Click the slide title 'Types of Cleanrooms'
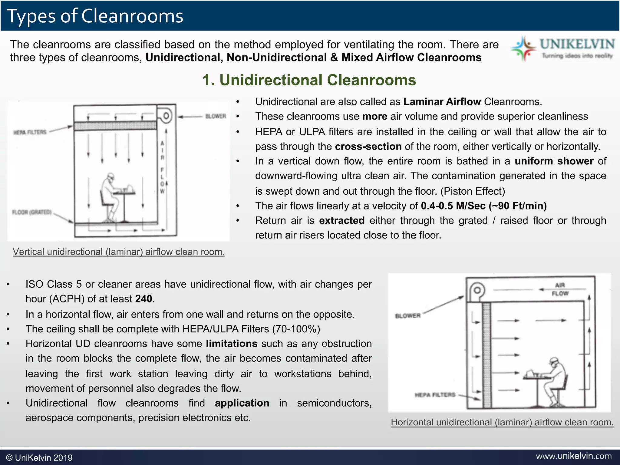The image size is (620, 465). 95,16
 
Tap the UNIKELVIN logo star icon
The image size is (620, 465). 523,48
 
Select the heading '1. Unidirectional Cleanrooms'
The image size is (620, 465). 309,80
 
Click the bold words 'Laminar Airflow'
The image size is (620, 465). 442,102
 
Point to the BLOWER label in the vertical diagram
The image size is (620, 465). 216,116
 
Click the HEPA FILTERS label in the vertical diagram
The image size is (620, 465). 30,132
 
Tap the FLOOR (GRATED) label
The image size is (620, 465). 32,212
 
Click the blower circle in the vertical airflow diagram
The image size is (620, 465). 166,116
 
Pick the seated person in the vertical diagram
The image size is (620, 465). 109,197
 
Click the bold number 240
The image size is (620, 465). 143,299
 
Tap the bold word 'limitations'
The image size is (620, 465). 232,344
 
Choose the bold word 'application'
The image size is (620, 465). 242,403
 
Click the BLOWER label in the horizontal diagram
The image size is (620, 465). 408,316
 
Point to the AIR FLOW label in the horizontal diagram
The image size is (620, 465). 560,289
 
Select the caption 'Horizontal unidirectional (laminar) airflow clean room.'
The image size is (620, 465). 502,422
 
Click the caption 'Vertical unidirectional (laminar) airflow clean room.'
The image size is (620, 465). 119,252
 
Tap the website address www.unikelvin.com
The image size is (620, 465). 574,456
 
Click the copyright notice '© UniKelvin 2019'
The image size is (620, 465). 39,458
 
